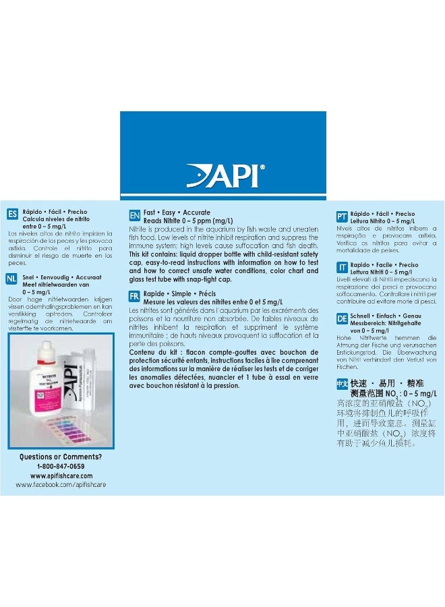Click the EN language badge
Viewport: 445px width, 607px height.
(x=134, y=216)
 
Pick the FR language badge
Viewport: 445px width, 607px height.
(x=134, y=296)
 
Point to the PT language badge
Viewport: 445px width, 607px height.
(x=342, y=216)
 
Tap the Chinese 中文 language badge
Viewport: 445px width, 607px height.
(x=342, y=383)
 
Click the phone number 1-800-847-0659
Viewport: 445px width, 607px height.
(x=61, y=466)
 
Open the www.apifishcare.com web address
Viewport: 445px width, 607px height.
(x=61, y=475)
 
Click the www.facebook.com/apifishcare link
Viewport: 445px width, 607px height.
(x=61, y=484)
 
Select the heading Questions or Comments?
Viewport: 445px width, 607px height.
(x=61, y=457)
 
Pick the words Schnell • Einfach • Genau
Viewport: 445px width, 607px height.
(x=384, y=316)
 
